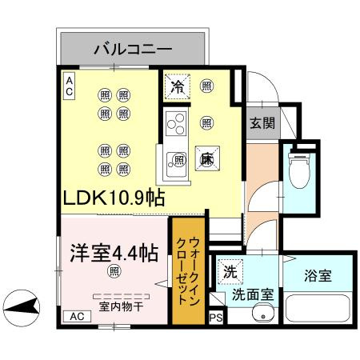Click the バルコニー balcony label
[x=133, y=49]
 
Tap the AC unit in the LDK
[x=69, y=86]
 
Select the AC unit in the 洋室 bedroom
[x=77, y=317]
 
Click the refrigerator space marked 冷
[x=177, y=87]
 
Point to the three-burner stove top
[x=176, y=123]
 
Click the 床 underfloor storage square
[x=207, y=158]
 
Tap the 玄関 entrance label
[x=262, y=123]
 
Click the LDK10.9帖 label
[x=114, y=198]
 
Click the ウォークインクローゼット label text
[x=188, y=271]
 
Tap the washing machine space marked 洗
[x=230, y=272]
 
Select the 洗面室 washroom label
[x=253, y=294]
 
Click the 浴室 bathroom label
[x=318, y=276]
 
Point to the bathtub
[x=318, y=308]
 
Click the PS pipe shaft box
[x=215, y=318]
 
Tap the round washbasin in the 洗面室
[x=263, y=315]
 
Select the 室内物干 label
[x=122, y=306]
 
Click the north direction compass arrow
[x=22, y=308]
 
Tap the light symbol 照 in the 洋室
[x=114, y=271]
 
